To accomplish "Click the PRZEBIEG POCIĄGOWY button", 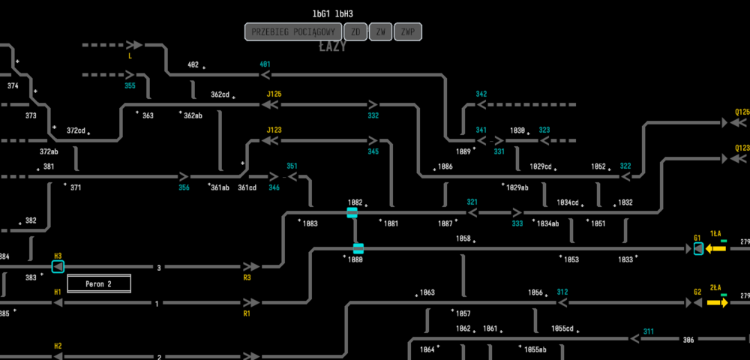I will point(292,31).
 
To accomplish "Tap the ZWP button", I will point(408,31).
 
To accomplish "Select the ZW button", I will point(381,31).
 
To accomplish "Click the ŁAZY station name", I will point(332,47).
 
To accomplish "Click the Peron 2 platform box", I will point(99,283).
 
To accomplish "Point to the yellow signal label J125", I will point(274,94).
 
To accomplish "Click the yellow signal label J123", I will point(274,130).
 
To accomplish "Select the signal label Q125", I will point(742,112).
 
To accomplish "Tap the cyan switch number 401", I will point(265,64).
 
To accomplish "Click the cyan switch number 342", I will point(481,94).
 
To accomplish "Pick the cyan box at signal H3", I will point(58,266).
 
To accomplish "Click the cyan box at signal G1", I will point(698,248).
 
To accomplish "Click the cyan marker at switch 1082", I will point(352,213).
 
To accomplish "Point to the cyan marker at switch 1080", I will point(358,248).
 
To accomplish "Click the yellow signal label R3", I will point(247,277).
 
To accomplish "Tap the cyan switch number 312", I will point(562,292).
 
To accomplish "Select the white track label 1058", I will point(463,238).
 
